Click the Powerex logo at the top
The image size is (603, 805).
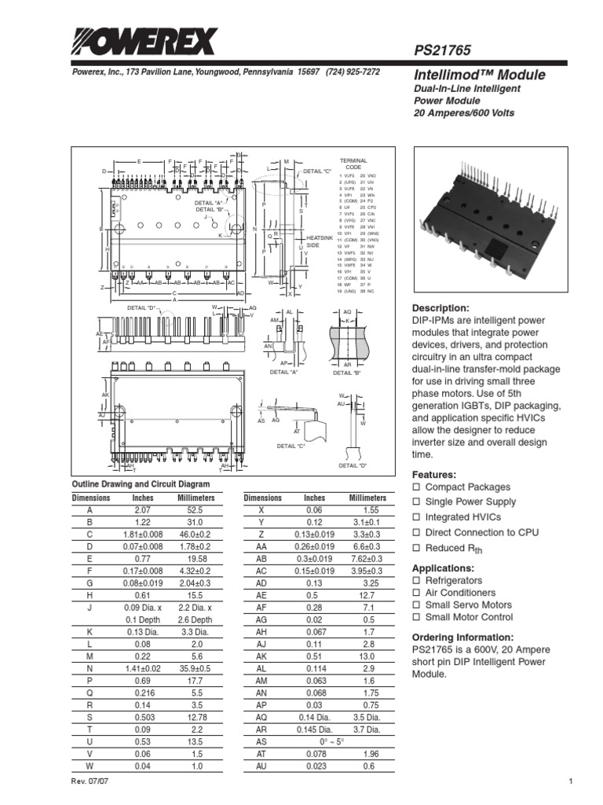coord(144,38)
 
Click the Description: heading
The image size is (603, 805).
coord(440,308)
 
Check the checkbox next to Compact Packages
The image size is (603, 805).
coord(417,487)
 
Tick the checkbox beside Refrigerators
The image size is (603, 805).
coord(417,580)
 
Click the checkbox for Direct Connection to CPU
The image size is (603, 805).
coord(417,532)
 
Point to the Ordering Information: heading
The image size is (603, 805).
coord(463,637)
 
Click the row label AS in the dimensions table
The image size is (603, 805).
coord(262,741)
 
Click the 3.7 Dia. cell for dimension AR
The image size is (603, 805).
coord(367,729)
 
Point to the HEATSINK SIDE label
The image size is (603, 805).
coord(320,241)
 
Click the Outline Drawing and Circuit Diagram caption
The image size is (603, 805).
coord(141,483)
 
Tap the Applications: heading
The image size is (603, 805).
coord(444,568)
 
